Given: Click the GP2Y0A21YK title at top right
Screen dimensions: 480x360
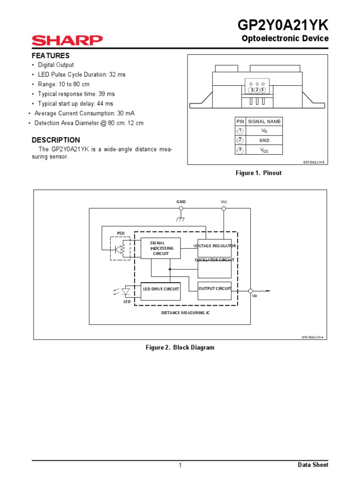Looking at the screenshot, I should [x=284, y=24].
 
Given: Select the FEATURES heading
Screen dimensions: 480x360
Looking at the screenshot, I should [x=50, y=55].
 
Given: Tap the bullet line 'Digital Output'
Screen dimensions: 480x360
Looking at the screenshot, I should [x=56, y=65].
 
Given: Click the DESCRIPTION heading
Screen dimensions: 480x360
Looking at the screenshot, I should [x=55, y=140].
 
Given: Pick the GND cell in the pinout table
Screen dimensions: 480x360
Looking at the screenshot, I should [x=264, y=140].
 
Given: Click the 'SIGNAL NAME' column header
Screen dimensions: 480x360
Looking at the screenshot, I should [x=264, y=121].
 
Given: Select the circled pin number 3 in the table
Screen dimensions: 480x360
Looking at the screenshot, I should [x=240, y=150].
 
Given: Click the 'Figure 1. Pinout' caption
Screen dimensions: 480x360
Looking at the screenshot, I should [x=258, y=173].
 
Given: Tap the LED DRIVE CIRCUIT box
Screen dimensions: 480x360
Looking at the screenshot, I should [x=161, y=290].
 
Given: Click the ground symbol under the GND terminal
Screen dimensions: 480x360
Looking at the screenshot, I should [x=181, y=218].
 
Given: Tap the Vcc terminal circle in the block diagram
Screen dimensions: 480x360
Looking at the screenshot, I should [x=224, y=209].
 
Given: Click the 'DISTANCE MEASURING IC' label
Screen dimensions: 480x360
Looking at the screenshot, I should [x=186, y=312].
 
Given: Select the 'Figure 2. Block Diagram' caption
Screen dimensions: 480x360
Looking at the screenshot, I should [x=180, y=348].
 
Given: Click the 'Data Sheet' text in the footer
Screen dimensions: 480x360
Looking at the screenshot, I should [x=313, y=465].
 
